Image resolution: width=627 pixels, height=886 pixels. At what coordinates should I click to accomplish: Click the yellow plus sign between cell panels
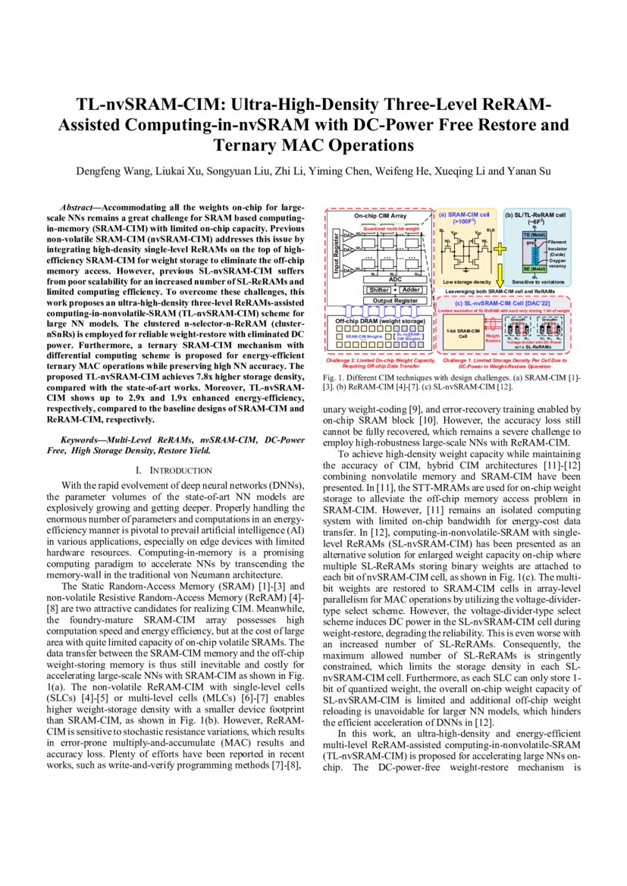pos(500,248)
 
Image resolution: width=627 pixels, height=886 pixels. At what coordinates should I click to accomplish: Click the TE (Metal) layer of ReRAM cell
pos(536,235)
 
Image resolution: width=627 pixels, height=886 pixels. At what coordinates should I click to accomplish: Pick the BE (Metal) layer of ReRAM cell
pos(536,268)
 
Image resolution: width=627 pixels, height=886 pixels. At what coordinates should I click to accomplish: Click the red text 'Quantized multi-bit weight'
pos(390,227)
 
